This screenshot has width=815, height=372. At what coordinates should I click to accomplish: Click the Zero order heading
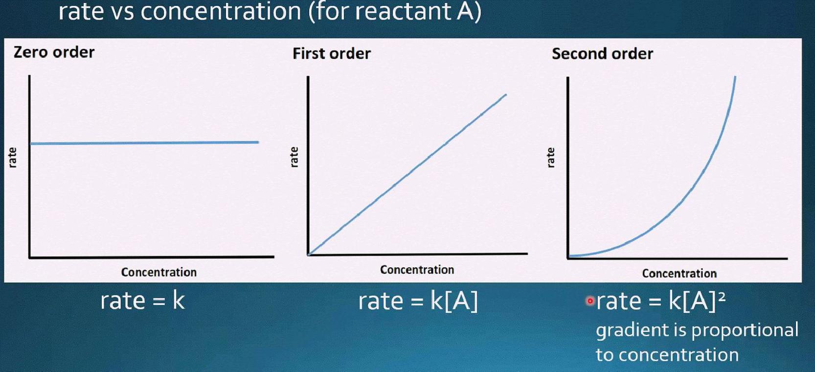click(54, 52)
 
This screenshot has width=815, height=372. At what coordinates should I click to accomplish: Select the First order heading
click(332, 54)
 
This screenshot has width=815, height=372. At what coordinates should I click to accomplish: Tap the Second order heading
click(603, 54)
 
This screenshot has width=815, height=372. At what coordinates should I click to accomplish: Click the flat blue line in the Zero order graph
click(144, 143)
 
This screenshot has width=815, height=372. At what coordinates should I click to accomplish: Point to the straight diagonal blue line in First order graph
click(407, 175)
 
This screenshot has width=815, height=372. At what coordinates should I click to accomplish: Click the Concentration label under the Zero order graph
click(158, 272)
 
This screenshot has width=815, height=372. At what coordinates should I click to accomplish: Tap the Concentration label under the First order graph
click(417, 269)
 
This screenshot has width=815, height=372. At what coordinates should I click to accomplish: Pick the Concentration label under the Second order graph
click(679, 273)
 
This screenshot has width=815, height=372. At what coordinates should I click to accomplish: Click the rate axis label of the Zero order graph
click(12, 157)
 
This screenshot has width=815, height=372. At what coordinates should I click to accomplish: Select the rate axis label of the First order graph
click(294, 157)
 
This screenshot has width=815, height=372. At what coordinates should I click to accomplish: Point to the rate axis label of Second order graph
click(551, 157)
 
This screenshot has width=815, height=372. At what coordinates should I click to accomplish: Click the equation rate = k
click(143, 301)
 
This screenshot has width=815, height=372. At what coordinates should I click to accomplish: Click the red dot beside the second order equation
click(590, 301)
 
